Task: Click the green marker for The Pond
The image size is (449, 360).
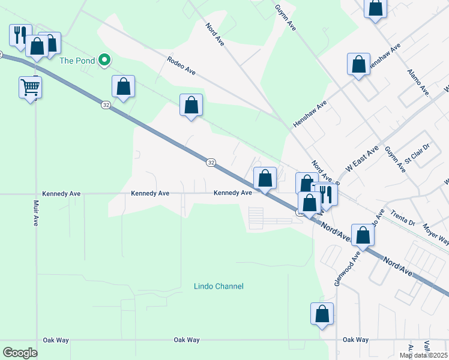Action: (104, 59)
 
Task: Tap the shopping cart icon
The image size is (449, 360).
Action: (30, 88)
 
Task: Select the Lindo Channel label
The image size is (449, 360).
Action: (218, 286)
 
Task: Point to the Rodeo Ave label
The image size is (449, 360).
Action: (182, 67)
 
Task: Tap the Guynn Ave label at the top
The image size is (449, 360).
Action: (286, 17)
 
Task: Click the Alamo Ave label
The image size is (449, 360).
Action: (418, 82)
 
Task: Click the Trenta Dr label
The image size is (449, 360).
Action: (403, 217)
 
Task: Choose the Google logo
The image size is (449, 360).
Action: (20, 353)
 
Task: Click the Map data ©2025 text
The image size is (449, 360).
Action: (423, 355)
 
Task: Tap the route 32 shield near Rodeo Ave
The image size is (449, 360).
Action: (106, 105)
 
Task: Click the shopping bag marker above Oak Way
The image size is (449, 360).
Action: (322, 313)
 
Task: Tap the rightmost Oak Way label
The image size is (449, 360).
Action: (355, 340)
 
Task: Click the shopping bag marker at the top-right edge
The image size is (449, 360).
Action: (376, 8)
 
